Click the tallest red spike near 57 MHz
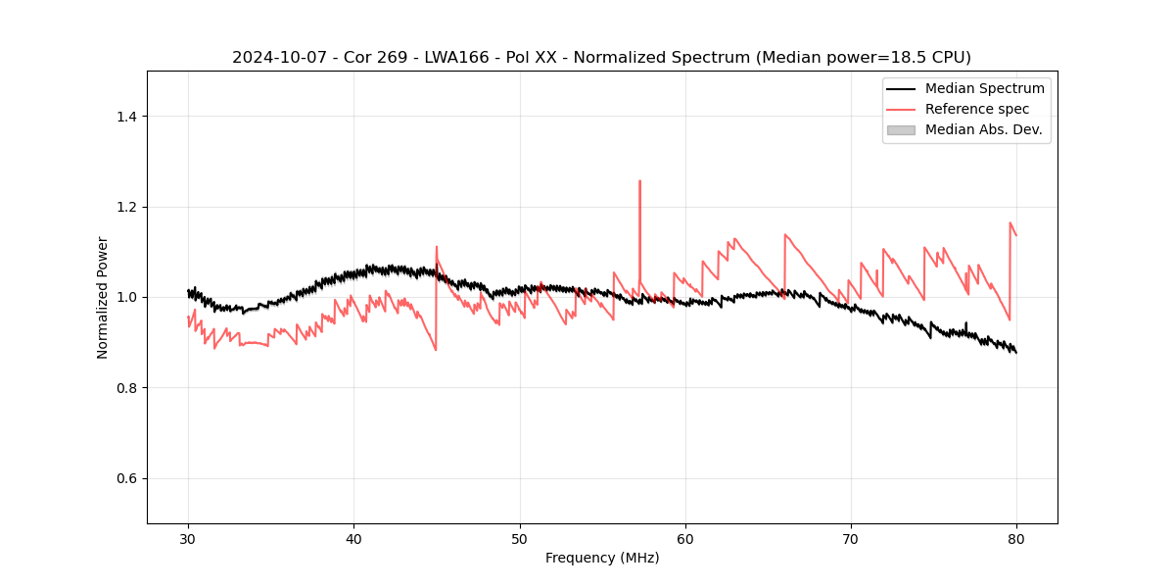639,181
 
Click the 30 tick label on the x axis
188,539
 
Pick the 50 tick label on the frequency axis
520,539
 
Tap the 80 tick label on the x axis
1016,539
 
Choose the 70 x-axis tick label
851,539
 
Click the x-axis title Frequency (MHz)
602,558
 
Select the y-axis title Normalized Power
103,297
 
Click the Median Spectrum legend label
984,88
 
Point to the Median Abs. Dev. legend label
983,129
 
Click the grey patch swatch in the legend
901,129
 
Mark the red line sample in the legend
901,109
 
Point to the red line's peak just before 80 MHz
1010,223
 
